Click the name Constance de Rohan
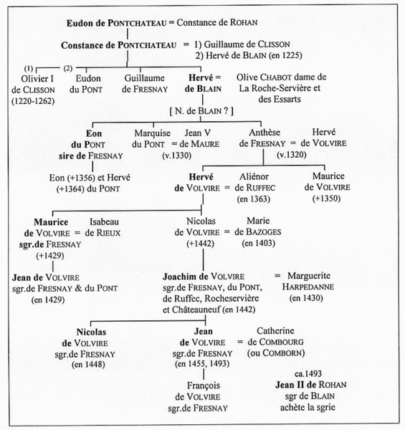(x=217, y=22)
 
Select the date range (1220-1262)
(x=33, y=101)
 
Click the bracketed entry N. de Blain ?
(x=201, y=111)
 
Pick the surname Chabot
(x=275, y=77)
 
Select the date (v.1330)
(x=177, y=156)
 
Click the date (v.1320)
(x=292, y=155)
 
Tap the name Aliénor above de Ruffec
(x=254, y=176)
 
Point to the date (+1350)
(x=326, y=199)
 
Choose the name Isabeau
(x=104, y=221)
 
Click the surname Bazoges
(x=264, y=232)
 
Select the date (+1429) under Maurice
(x=50, y=256)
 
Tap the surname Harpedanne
(x=308, y=287)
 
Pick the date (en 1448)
(x=88, y=365)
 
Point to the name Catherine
(x=275, y=330)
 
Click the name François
(x=204, y=386)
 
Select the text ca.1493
(x=308, y=373)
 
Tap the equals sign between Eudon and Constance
(x=171, y=22)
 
